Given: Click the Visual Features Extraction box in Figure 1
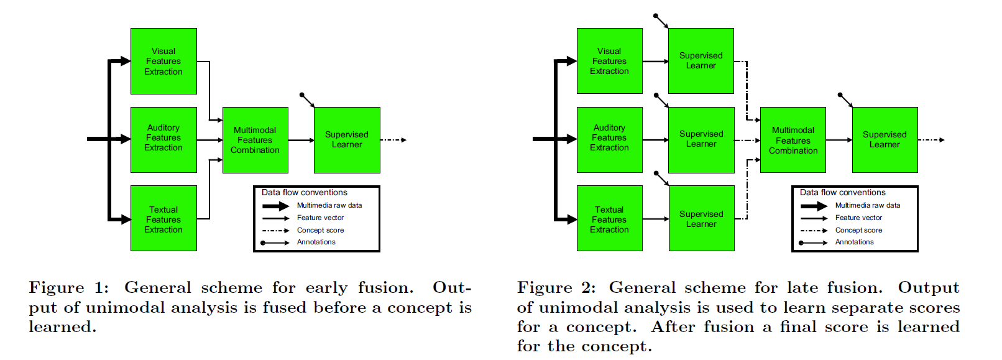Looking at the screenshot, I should tap(163, 61).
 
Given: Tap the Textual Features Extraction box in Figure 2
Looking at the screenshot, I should tap(609, 218).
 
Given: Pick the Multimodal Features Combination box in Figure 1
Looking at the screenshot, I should tap(255, 140).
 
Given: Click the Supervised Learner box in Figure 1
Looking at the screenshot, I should tap(347, 140).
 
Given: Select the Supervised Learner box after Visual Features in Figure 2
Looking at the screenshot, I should tap(701, 61).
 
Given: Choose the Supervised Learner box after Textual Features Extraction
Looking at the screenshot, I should tap(701, 218).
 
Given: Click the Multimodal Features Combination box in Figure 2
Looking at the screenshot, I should tap(793, 140).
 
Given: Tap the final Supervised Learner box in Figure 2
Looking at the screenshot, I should tap(885, 140).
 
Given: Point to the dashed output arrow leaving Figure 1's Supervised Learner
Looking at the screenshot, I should tap(393, 140).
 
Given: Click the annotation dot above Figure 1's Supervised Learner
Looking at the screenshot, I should tap(301, 95).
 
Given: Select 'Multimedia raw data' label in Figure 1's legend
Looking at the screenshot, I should tap(329, 205).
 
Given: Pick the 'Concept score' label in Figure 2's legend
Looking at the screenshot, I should tap(858, 230).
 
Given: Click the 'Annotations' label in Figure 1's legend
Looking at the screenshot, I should tap(316, 242).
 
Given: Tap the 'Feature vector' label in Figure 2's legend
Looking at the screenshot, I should tap(858, 218).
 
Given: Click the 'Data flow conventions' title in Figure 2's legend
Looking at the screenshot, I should tap(842, 193).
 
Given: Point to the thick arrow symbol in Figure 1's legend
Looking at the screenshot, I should tap(275, 206).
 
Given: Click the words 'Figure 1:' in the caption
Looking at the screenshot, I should tap(68, 288).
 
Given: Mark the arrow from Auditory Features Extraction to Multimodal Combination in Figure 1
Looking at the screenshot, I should tap(209, 140).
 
